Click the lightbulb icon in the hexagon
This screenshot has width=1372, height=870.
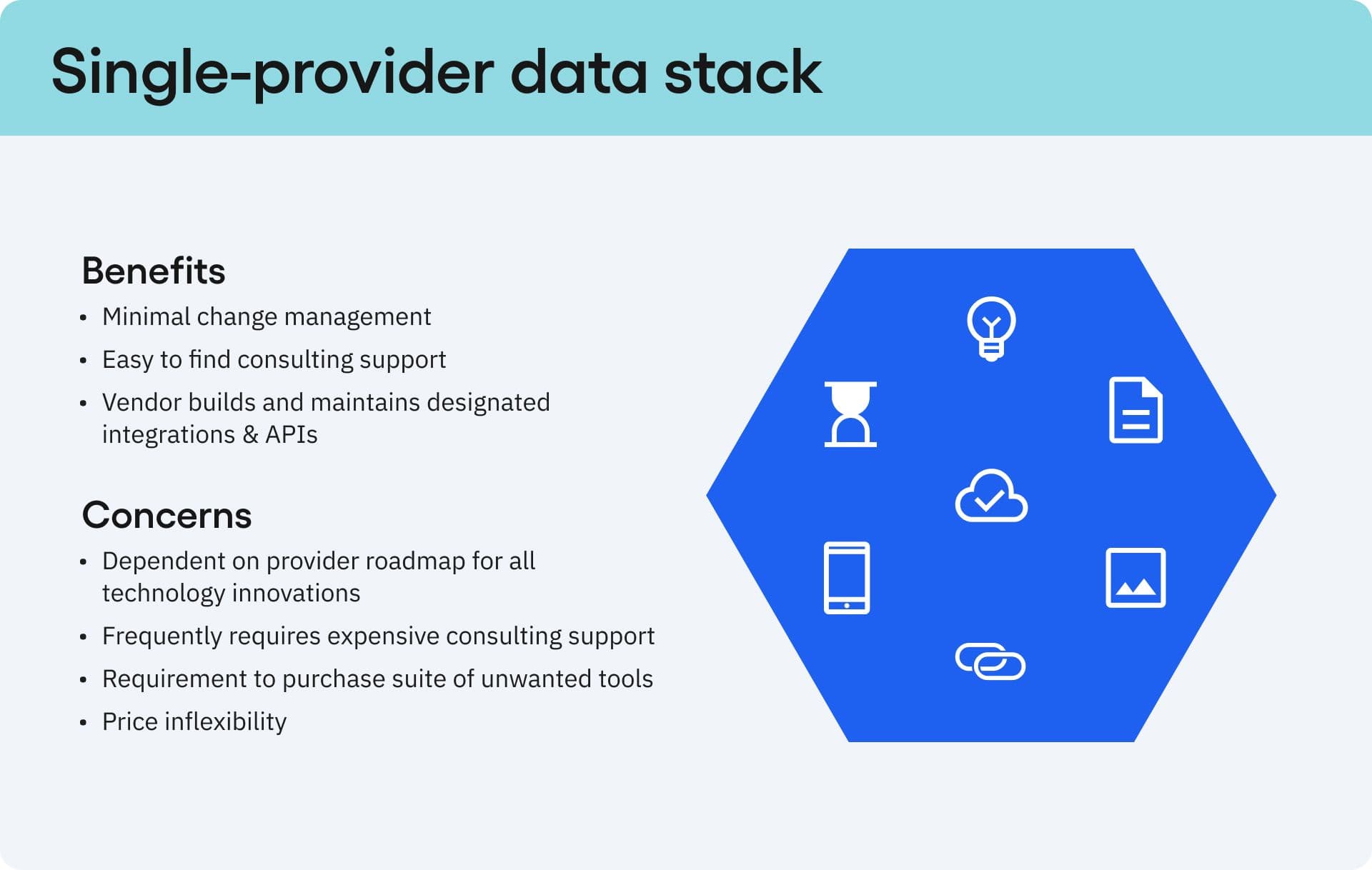click(x=991, y=328)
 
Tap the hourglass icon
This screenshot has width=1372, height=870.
click(x=850, y=414)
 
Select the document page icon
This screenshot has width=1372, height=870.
click(x=1135, y=410)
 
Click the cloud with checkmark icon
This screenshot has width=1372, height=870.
click(x=991, y=496)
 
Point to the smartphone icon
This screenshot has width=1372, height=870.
click(x=847, y=578)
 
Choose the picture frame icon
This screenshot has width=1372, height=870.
click(x=1135, y=578)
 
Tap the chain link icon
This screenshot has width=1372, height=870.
click(x=990, y=661)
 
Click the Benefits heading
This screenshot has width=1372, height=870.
click(x=154, y=271)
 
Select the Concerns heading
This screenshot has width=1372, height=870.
click(x=166, y=515)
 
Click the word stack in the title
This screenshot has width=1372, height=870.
click(x=743, y=72)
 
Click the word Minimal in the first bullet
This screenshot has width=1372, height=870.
click(x=146, y=316)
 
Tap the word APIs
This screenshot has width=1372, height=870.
click(x=292, y=434)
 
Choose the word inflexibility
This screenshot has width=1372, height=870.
click(x=225, y=721)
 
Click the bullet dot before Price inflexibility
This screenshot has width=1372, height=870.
click(x=84, y=723)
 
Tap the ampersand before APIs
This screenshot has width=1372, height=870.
click(x=250, y=434)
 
